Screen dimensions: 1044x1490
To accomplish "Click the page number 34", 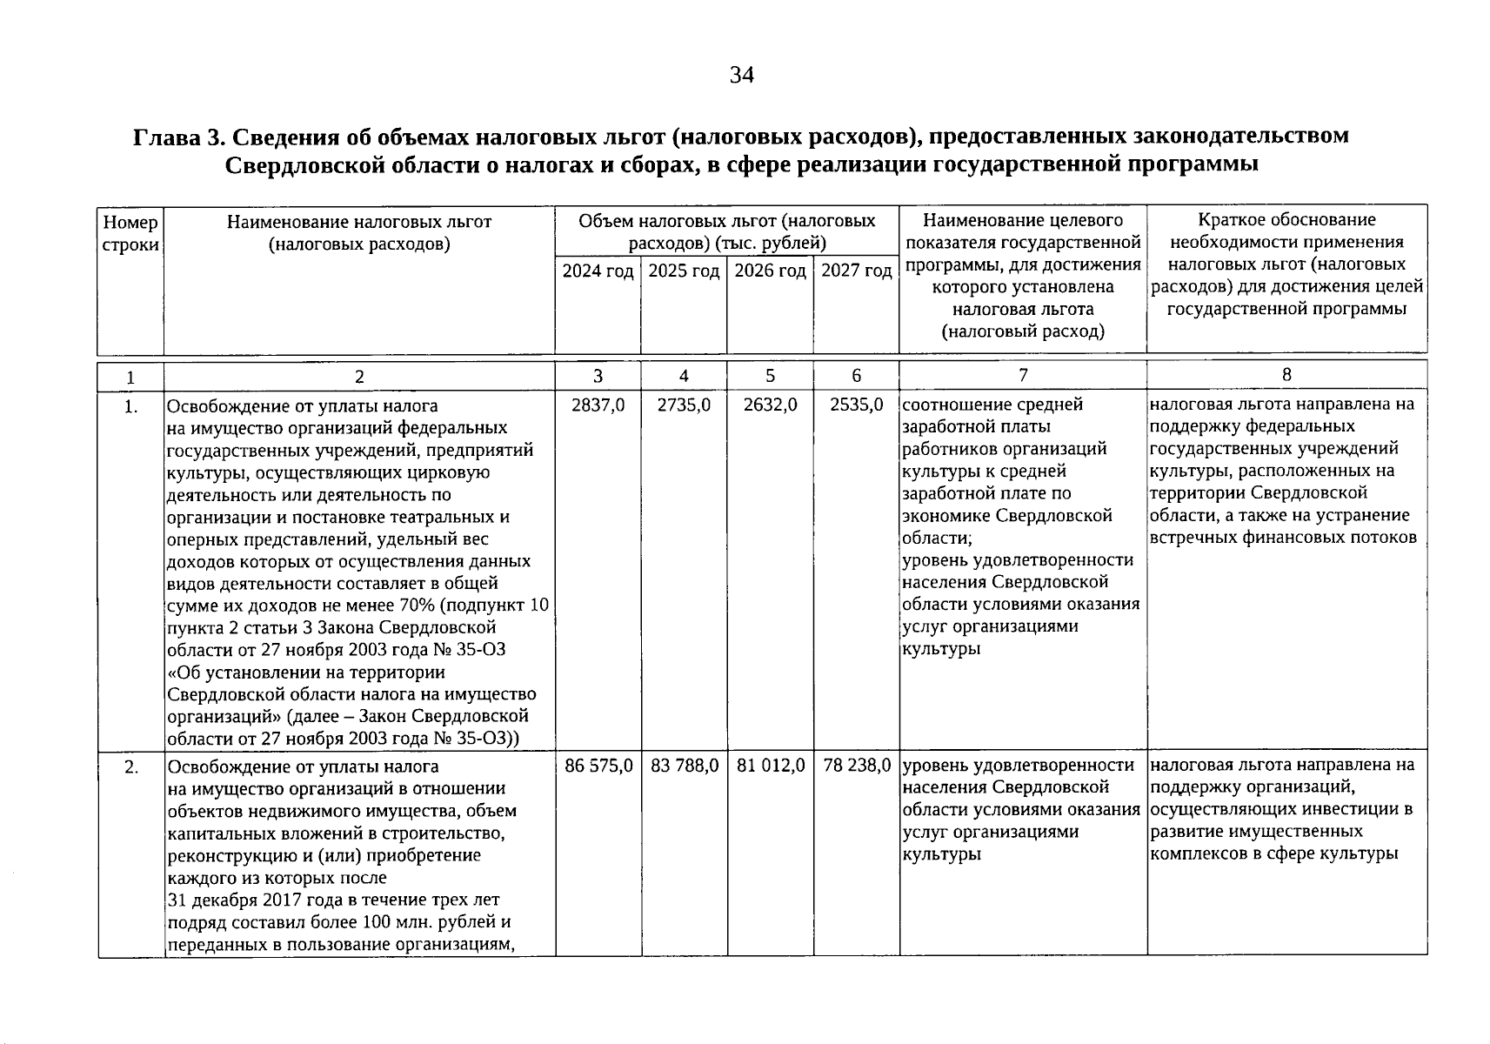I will point(741,76).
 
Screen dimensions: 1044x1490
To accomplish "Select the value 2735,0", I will point(684,405).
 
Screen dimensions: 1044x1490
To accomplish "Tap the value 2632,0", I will point(770,405).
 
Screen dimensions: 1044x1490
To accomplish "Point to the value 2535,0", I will point(856,405).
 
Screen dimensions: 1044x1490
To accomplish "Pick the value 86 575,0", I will point(598,766).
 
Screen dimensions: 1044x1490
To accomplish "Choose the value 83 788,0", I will point(685,766).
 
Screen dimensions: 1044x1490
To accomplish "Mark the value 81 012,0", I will point(771,766).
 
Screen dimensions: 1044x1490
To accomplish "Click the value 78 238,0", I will point(857,766).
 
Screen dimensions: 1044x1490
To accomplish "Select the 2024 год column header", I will point(598,271).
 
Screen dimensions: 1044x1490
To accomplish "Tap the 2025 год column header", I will point(684,271).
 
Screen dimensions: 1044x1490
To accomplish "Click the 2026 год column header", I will point(770,271).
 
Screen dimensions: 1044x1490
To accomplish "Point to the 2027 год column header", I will point(857,271).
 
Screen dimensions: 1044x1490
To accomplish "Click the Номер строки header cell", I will point(130,233).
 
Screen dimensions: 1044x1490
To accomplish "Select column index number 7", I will point(1023,375).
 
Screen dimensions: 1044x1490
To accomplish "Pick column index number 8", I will point(1286,375).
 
